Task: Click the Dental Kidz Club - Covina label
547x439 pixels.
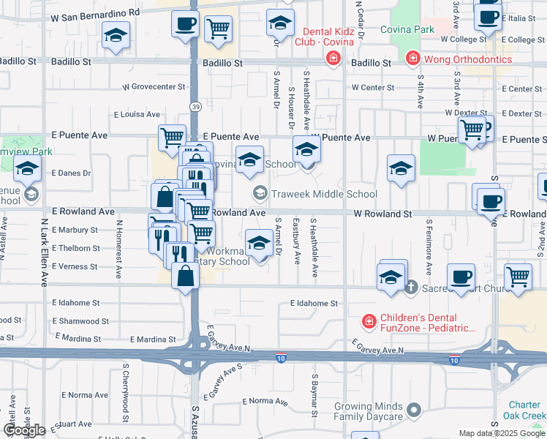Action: [329, 37]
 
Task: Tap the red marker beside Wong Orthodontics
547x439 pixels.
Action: [413, 57]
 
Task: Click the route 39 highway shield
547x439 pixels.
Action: [195, 107]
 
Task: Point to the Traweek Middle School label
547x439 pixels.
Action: [323, 194]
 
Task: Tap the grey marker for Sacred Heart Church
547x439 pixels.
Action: [411, 288]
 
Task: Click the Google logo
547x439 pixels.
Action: [24, 430]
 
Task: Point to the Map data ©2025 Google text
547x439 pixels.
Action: [502, 433]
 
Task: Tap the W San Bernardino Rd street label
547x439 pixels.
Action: [95, 13]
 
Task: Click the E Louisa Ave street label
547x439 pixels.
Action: [137, 114]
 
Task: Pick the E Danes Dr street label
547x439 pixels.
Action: [71, 173]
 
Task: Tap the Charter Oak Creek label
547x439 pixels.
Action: [524, 410]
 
